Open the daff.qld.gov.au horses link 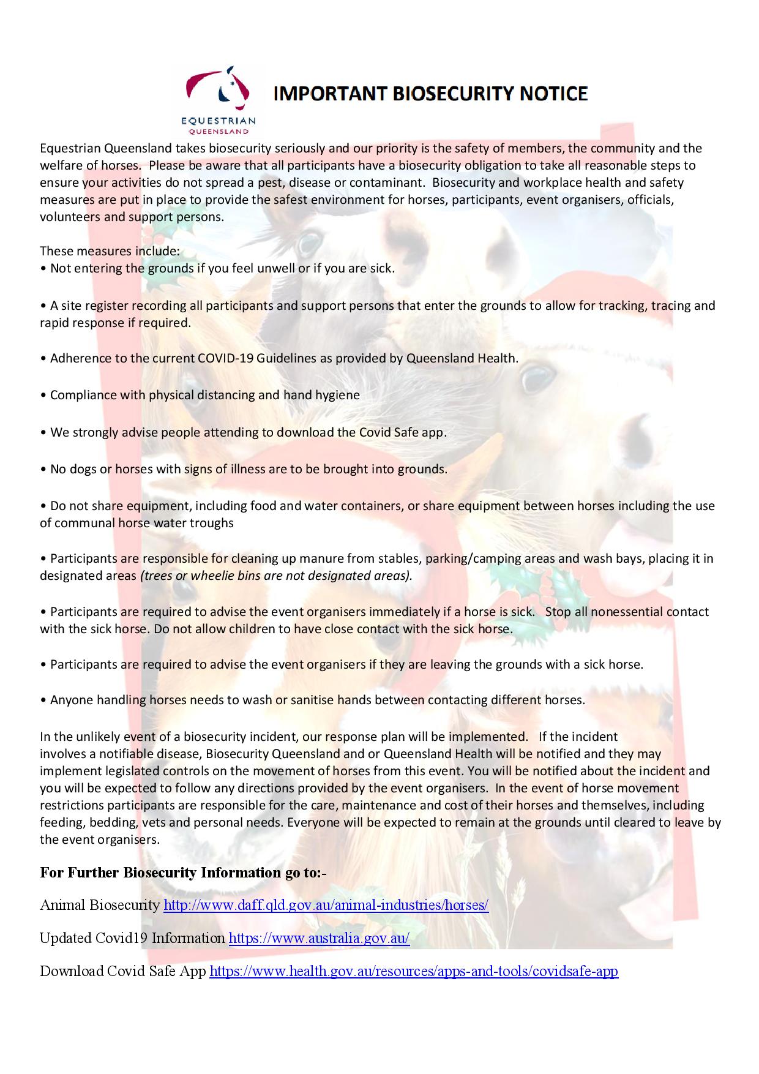tap(326, 905)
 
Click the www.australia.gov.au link tap(319, 938)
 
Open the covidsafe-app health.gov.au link tap(414, 971)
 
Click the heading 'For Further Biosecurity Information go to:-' tap(183, 873)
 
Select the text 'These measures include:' tap(110, 251)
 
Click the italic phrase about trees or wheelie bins tap(276, 576)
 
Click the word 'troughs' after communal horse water tap(215, 523)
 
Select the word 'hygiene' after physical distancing tap(338, 395)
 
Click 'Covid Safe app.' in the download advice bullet tap(403, 432)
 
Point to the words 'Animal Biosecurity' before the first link tap(99, 905)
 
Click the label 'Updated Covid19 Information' tap(132, 938)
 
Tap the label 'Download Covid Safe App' tap(122, 971)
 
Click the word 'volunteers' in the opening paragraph tap(67, 217)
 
